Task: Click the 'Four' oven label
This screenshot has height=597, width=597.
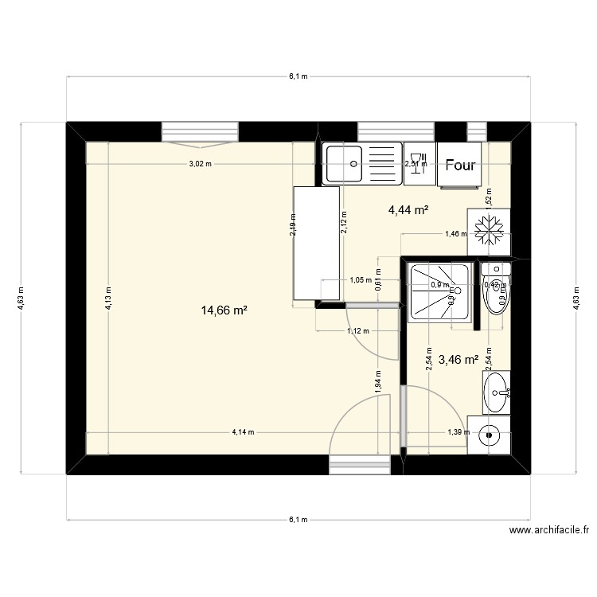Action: pos(461,166)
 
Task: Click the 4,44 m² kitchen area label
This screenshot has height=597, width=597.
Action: pos(409,210)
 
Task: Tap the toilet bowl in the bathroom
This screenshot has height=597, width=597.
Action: pos(497,297)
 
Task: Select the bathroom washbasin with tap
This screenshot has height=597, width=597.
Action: pos(497,392)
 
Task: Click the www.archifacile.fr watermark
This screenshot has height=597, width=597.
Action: pos(548,530)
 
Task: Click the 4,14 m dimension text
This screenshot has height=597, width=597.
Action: pos(243,432)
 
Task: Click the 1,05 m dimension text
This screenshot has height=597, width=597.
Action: pos(361,280)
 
